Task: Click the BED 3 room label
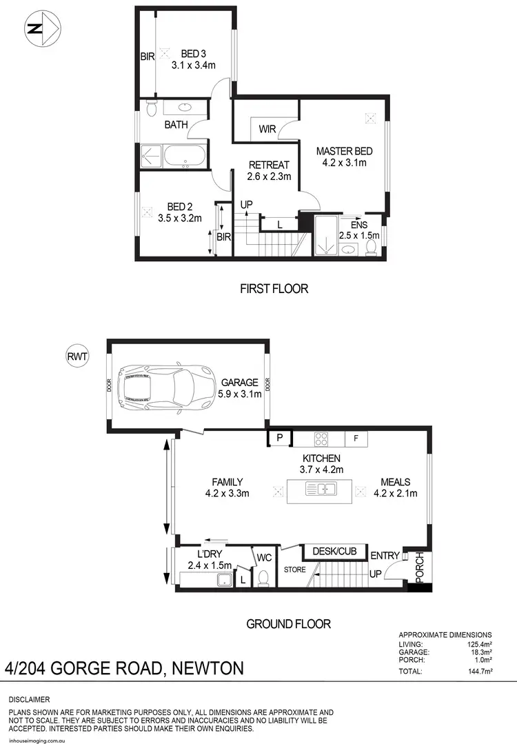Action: [194, 54]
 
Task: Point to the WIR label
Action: [268, 130]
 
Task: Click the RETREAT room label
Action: [269, 165]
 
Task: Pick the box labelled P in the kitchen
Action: [280, 438]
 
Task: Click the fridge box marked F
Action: [356, 438]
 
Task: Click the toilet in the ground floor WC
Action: [263, 578]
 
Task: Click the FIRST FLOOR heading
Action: [274, 288]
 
